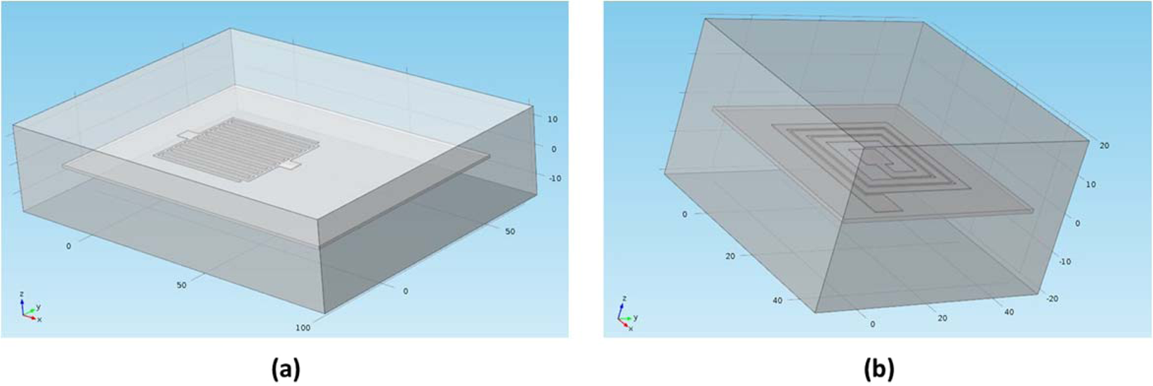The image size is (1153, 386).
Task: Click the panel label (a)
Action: point(286,368)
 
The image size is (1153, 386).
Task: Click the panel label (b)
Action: point(878,368)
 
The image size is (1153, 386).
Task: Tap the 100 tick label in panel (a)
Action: point(303,327)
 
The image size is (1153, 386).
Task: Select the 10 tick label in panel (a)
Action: point(553,120)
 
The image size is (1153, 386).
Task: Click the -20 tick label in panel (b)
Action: point(1052,299)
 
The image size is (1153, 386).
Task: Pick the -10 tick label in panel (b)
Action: point(1065,262)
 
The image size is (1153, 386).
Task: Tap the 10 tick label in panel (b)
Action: point(1072,184)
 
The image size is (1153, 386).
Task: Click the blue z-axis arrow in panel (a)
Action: point(22,303)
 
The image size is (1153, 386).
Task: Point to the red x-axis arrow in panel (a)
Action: point(31,317)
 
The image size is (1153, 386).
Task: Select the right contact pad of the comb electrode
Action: point(291,166)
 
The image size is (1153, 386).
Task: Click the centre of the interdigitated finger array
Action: point(237,149)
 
